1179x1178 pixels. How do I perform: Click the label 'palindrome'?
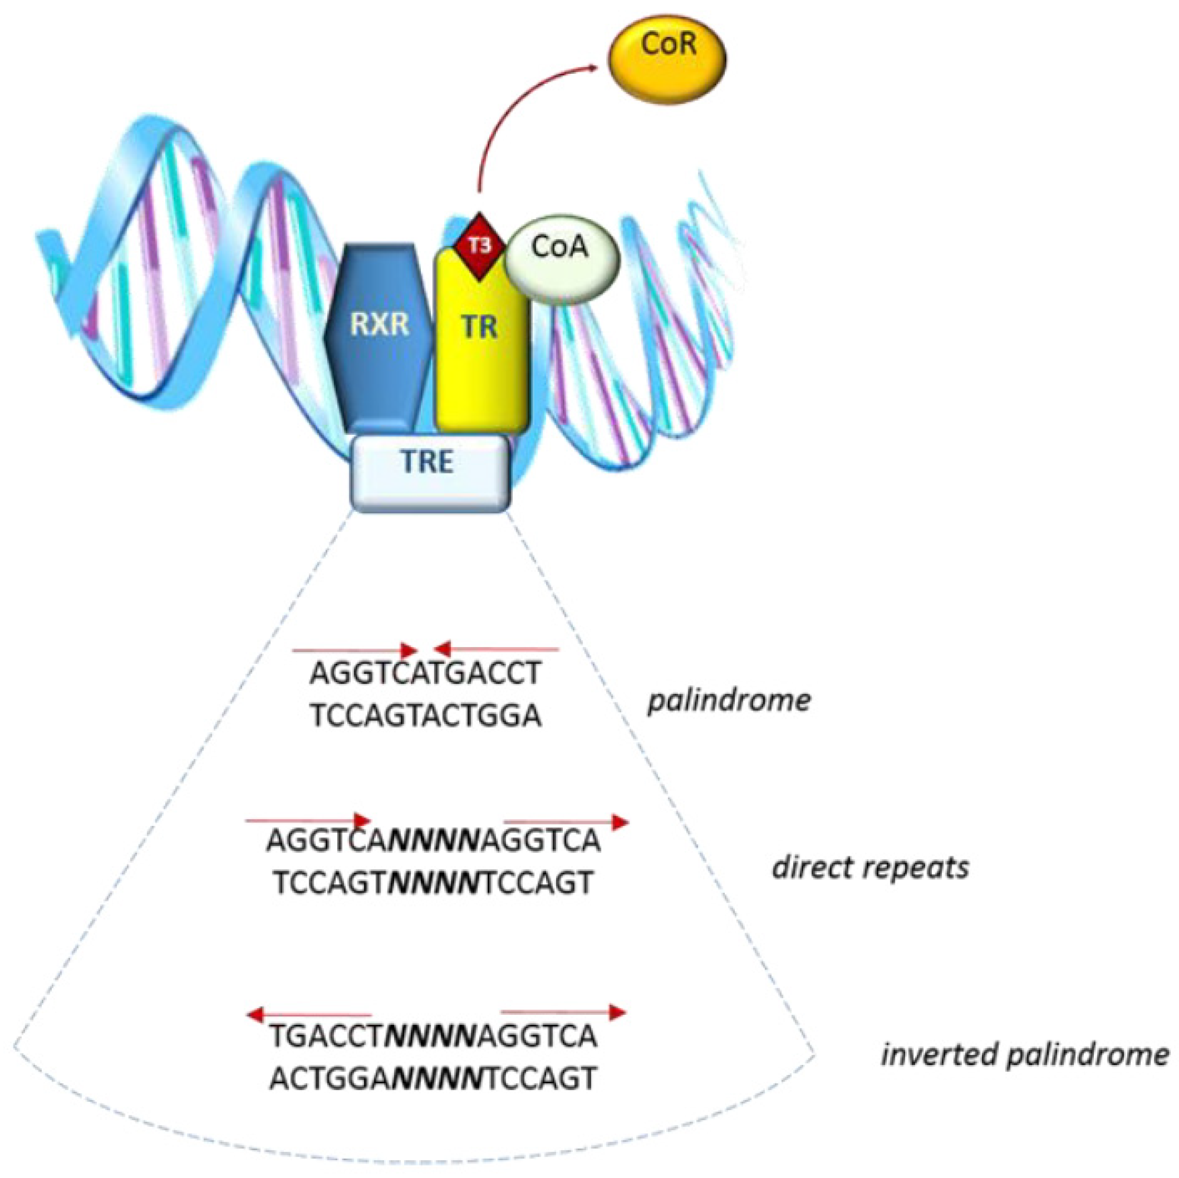729,700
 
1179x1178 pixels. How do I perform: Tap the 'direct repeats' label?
870,867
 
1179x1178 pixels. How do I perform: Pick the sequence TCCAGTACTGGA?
426,716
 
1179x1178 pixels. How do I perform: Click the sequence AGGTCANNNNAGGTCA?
433,842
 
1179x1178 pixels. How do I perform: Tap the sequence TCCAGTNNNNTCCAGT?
433,883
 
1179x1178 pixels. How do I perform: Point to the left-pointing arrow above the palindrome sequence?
495,648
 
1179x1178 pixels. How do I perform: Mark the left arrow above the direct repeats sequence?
308,820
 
